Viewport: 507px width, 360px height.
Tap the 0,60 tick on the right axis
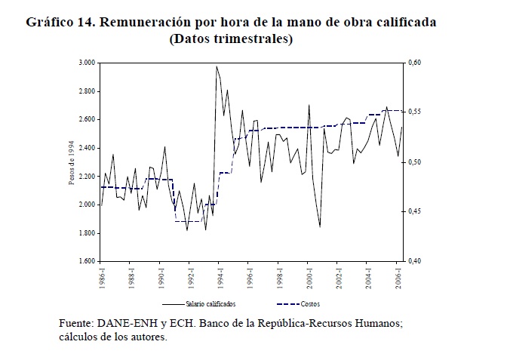click(x=415, y=63)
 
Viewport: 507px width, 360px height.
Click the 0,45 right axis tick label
click(x=415, y=211)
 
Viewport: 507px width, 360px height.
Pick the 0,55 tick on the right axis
click(x=415, y=112)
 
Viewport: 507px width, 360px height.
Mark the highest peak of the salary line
click(x=217, y=66)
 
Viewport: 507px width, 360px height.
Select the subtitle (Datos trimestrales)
click(x=232, y=38)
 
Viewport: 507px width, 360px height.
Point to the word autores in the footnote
click(x=148, y=337)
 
